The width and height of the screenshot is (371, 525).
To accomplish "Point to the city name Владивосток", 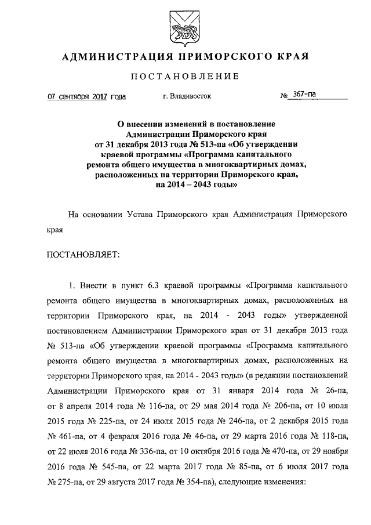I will pyautogui.click(x=192, y=97).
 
